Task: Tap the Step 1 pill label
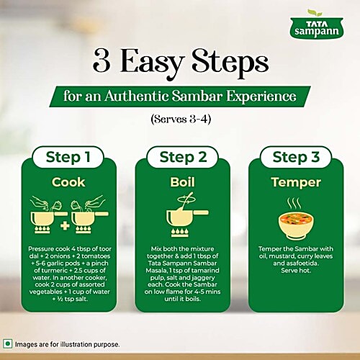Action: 68,157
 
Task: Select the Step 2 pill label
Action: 183,157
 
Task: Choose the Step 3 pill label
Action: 296,157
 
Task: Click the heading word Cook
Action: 68,182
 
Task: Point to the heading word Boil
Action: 182,182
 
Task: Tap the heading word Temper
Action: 296,183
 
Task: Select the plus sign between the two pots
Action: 65,226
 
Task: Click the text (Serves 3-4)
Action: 181,119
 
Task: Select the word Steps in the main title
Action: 230,63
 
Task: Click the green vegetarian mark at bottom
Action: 8,344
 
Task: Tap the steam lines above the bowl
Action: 294,204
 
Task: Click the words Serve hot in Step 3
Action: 296,271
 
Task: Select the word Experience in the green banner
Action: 261,96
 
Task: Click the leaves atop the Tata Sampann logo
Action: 315,13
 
